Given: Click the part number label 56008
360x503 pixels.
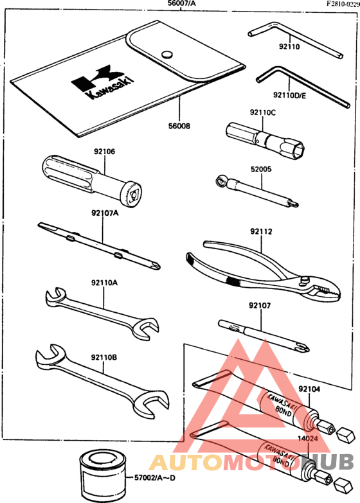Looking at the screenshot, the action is tap(179, 126).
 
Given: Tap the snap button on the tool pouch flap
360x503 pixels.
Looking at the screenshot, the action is tap(166, 54).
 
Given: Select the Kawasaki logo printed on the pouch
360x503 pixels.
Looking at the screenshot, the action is tap(102, 82).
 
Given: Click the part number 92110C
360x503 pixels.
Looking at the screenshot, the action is tap(263, 112).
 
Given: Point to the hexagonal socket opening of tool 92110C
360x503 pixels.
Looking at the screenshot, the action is tap(298, 150).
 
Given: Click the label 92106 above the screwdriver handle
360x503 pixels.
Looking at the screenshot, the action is tap(104, 152).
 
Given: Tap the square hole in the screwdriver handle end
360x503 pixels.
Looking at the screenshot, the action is tap(133, 195).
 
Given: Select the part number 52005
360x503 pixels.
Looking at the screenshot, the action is tap(261, 169).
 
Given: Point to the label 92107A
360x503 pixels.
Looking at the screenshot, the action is tap(105, 213).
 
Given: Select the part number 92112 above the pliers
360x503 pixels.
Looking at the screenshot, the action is tap(261, 231).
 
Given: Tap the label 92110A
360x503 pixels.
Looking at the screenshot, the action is tap(104, 283).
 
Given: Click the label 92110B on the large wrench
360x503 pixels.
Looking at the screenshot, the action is tap(104, 357).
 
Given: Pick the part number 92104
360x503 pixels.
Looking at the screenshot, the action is tap(309, 389).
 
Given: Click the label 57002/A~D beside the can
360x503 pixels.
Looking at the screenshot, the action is tap(155, 478).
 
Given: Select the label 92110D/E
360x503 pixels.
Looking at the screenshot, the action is tap(290, 95).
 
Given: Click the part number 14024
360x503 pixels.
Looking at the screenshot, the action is tap(308, 439).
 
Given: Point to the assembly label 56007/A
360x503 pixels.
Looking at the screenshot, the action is tap(182, 3).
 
